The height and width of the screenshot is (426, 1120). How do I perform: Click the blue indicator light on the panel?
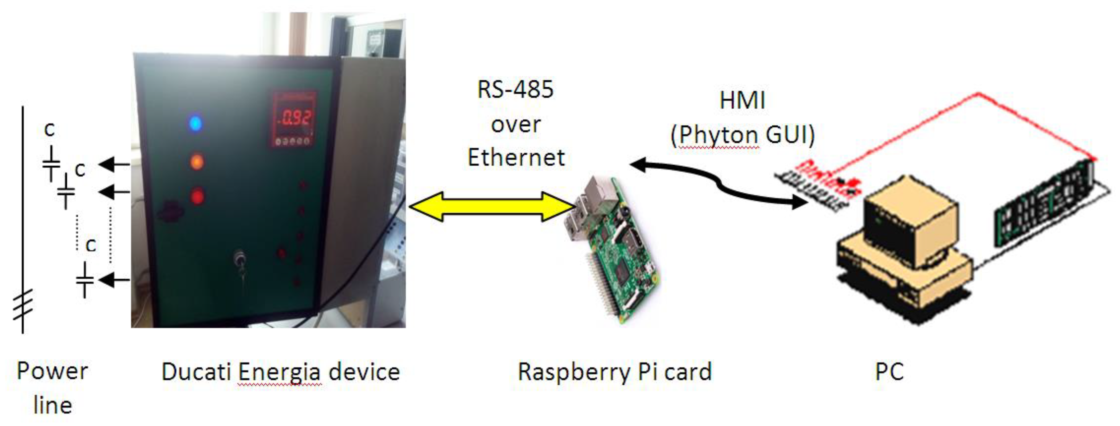tap(196, 123)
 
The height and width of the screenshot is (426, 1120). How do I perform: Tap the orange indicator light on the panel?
tap(197, 162)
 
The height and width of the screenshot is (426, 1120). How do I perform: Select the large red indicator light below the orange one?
tap(197, 197)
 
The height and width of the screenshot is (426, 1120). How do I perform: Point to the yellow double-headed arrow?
tap(491, 207)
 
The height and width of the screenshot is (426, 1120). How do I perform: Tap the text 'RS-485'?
tap(515, 90)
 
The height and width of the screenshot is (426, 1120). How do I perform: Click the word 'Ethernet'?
tap(516, 157)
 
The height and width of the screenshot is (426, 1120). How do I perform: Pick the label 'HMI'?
tap(742, 101)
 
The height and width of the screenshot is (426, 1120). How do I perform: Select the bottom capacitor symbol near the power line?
tap(85, 280)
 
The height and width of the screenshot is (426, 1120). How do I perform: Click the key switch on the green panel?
tap(240, 260)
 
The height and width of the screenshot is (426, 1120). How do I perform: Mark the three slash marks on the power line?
tap(23, 304)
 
